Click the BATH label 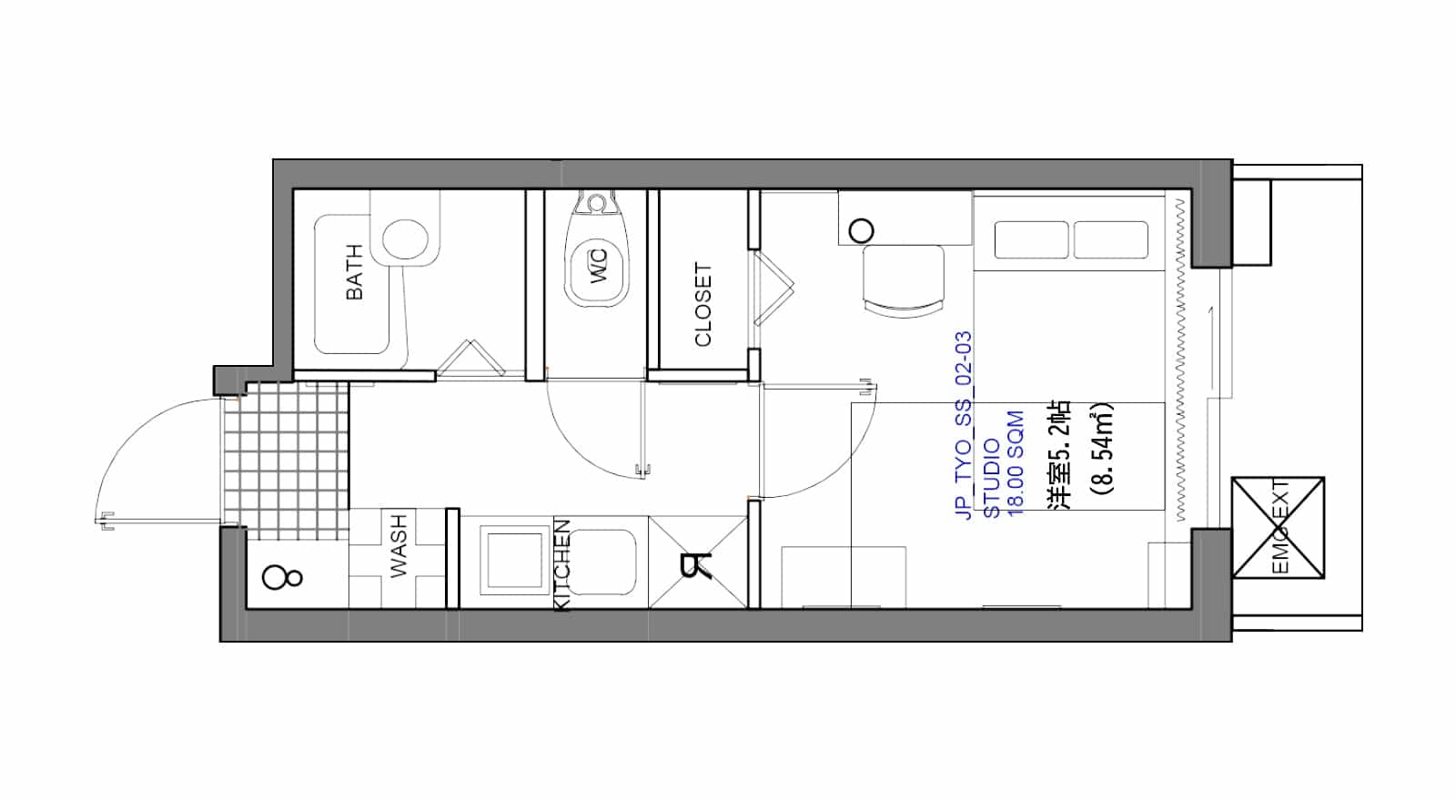click(355, 272)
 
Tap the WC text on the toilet click(599, 267)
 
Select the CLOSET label click(703, 304)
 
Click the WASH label click(398, 545)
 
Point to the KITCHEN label click(563, 565)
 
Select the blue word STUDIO click(992, 479)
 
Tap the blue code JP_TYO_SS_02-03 click(964, 425)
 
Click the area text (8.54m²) click(1103, 450)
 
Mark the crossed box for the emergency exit click(1278, 528)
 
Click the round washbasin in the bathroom click(405, 238)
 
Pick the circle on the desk click(861, 231)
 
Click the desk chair click(904, 281)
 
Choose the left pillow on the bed click(1032, 240)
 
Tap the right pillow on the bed click(1111, 240)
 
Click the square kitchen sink click(514, 561)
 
